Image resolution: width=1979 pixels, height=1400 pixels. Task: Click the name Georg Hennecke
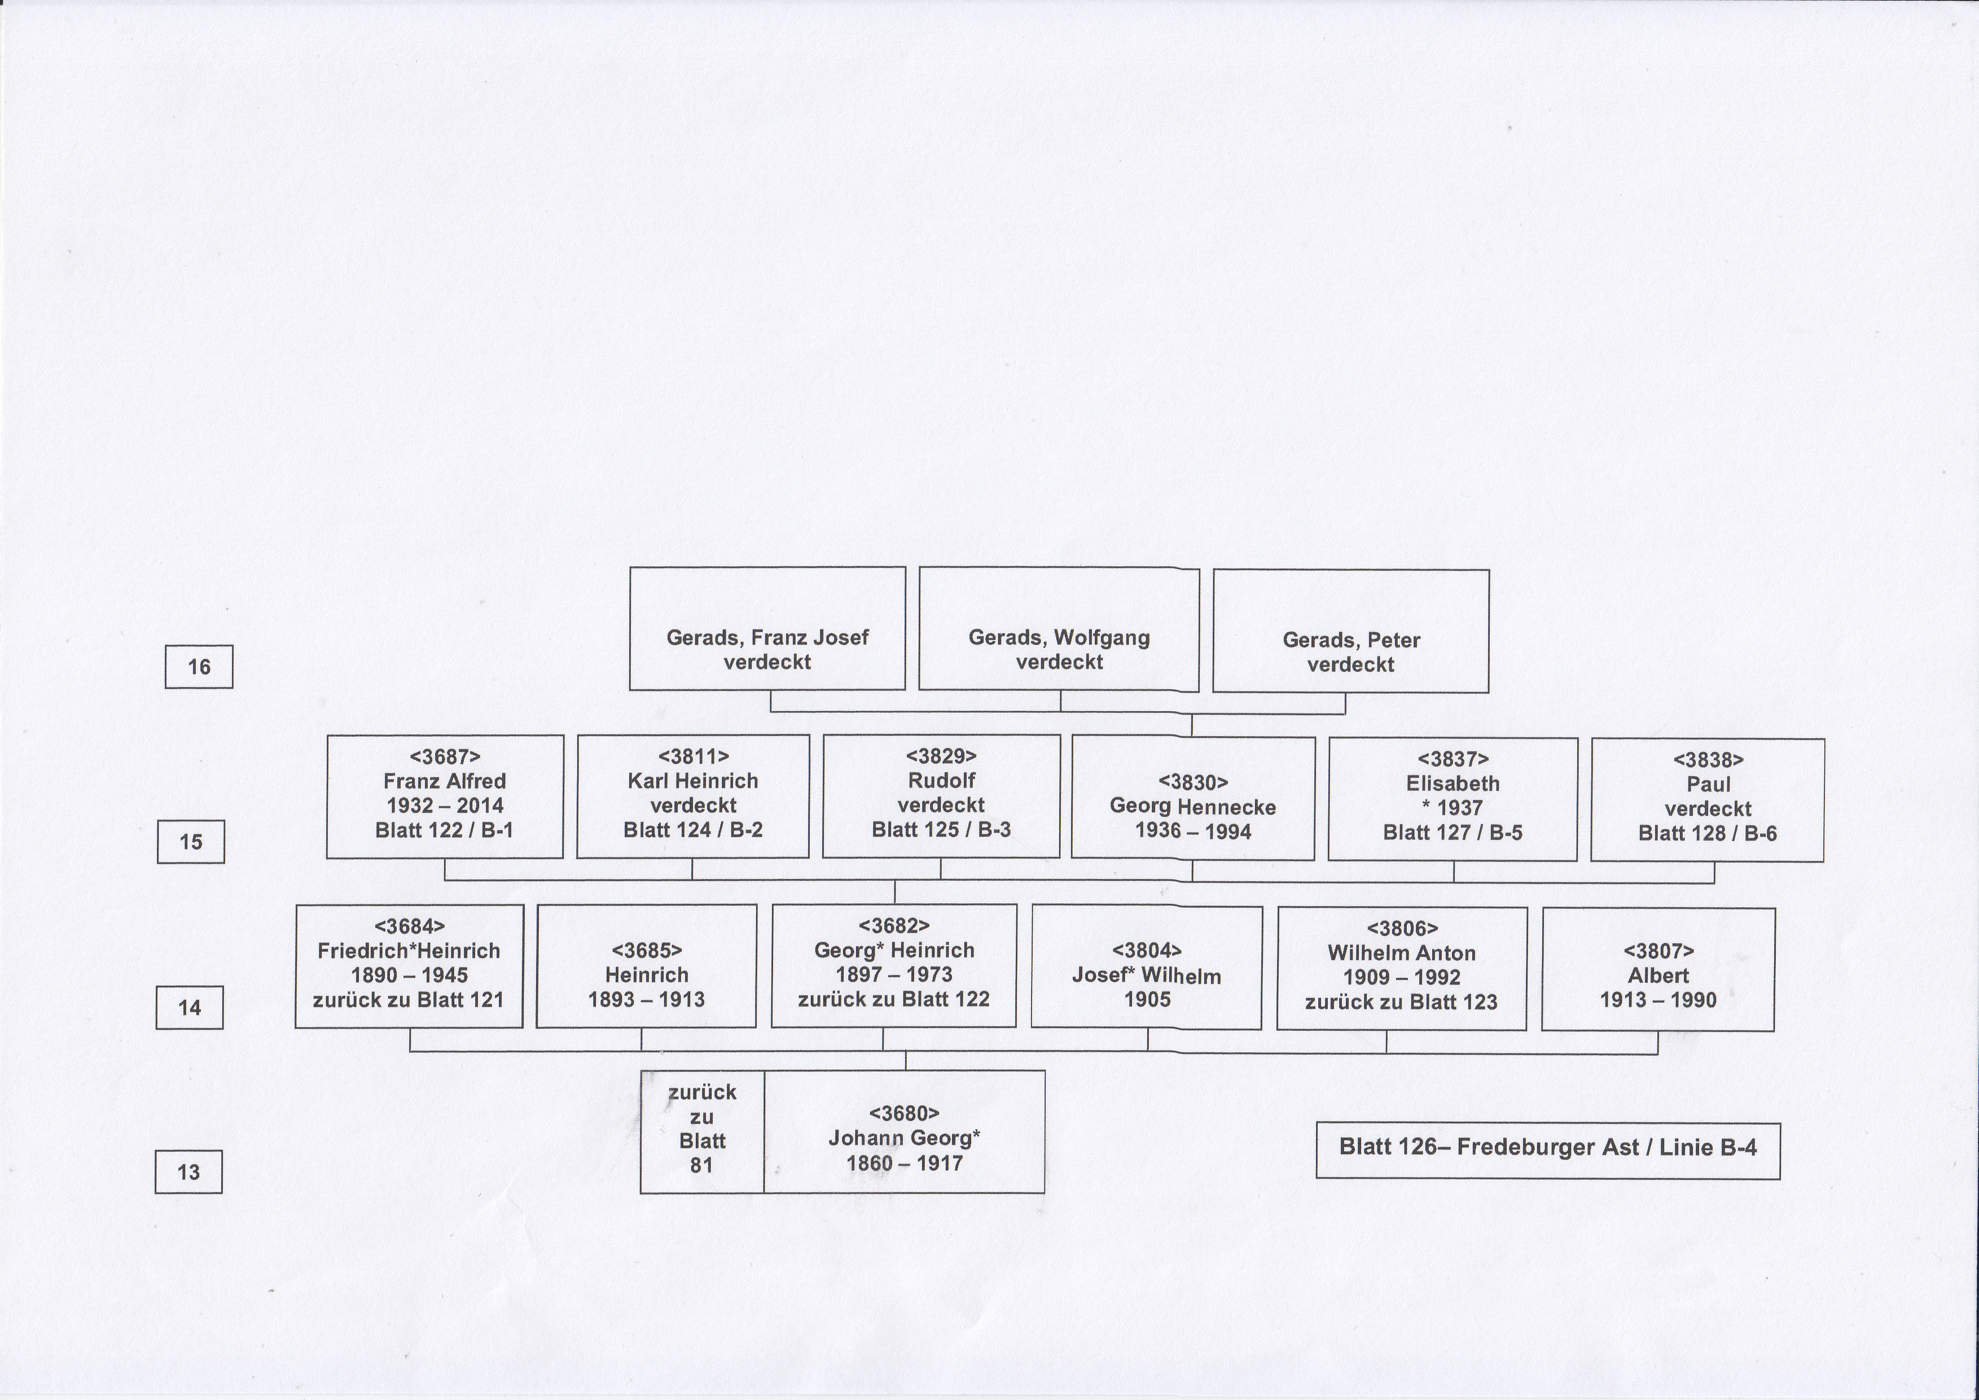coord(1193,807)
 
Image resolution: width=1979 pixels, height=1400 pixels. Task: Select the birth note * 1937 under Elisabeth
coord(1453,808)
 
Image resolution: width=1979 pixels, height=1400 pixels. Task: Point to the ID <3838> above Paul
coord(1708,759)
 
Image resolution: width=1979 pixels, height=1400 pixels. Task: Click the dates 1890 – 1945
coord(410,975)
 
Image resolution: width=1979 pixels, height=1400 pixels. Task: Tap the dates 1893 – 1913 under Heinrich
coord(647,999)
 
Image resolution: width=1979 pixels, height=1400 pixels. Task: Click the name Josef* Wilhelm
coord(1146,976)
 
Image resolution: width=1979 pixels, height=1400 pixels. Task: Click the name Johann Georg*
coord(904,1138)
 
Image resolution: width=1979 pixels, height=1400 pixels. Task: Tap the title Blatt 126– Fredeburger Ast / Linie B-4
coord(1548,1147)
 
